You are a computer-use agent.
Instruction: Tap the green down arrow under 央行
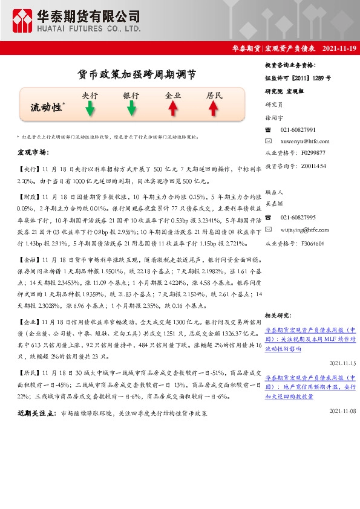[90, 109]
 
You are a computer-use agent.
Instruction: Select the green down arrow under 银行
[131, 109]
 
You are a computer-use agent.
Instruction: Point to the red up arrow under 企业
[173, 108]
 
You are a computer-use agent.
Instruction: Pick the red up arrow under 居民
[214, 108]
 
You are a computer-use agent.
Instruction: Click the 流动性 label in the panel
[45, 108]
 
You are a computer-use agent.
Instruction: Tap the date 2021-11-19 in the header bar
[335, 48]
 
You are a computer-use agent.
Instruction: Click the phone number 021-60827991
[298, 130]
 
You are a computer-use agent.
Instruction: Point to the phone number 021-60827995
[298, 218]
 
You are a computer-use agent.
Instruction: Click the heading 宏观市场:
[33, 152]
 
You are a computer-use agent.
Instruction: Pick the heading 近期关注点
[36, 413]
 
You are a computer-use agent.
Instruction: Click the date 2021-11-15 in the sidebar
[342, 363]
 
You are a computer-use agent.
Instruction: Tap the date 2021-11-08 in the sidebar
[342, 410]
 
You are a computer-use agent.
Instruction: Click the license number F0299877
[313, 152]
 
